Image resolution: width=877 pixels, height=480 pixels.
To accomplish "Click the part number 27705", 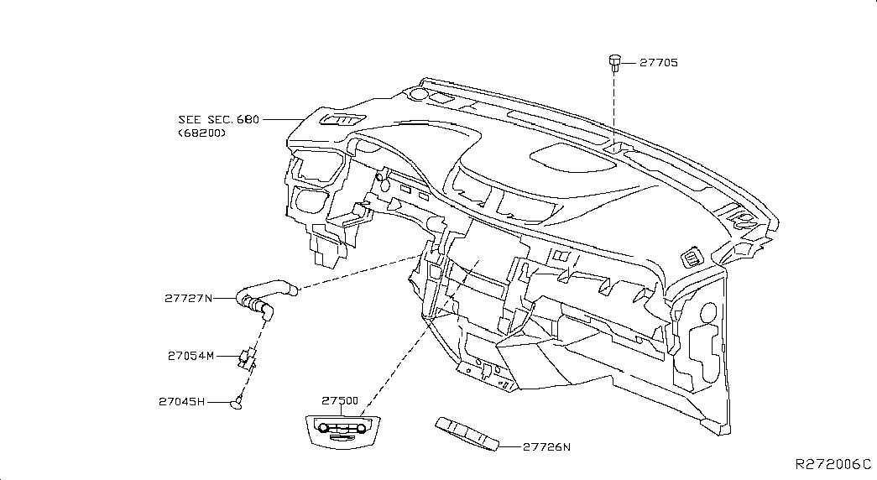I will (x=658, y=62).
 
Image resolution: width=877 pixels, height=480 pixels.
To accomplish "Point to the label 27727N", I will (x=189, y=298).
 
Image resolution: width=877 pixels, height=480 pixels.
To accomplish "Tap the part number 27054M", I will (x=191, y=356).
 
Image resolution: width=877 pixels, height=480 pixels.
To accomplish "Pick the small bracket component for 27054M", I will (x=247, y=357).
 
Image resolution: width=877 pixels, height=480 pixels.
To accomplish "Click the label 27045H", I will (x=181, y=402).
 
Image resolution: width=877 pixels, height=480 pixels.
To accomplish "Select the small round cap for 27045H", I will (x=238, y=404).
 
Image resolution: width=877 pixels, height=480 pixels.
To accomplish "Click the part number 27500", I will (x=340, y=402).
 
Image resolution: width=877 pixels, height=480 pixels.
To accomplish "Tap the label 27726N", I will (x=546, y=447).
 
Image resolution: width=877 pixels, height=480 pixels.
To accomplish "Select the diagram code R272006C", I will (x=833, y=464).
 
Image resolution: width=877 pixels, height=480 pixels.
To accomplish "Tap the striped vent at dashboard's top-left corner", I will (x=342, y=121).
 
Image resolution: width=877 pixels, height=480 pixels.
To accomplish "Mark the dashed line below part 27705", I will (x=614, y=109).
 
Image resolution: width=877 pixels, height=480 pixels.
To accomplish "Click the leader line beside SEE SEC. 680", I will (x=281, y=120).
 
